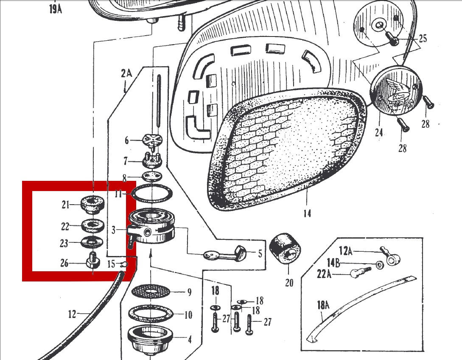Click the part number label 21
click(65, 205)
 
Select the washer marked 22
click(92, 225)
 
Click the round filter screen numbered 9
click(151, 291)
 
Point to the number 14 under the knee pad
click(307, 213)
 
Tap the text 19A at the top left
click(56, 8)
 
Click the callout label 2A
click(126, 73)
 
